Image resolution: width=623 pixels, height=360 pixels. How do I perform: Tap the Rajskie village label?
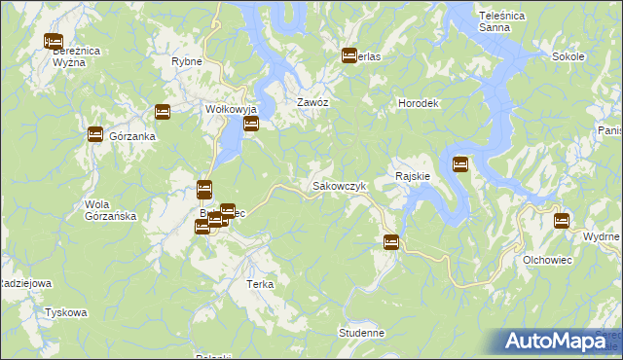pyautogui.click(x=413, y=176)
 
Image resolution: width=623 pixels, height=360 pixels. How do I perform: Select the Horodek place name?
pyautogui.click(x=421, y=103)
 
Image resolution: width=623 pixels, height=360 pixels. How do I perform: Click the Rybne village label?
pyautogui.click(x=186, y=61)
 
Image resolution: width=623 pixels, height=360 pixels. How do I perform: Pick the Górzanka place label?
pyautogui.click(x=132, y=137)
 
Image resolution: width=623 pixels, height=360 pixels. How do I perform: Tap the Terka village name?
pyautogui.click(x=260, y=285)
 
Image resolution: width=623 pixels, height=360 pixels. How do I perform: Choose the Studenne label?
pyautogui.click(x=362, y=333)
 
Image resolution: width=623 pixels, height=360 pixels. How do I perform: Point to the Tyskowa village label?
pyautogui.click(x=66, y=313)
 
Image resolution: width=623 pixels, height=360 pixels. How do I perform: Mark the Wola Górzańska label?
pyautogui.click(x=110, y=210)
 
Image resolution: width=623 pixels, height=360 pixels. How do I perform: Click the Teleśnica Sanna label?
pyautogui.click(x=502, y=22)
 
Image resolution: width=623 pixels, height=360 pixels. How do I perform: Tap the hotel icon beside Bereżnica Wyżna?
pyautogui.click(x=53, y=42)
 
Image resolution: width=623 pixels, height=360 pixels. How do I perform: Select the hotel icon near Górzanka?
pyautogui.click(x=95, y=134)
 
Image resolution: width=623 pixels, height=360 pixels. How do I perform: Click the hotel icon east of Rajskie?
pyautogui.click(x=460, y=163)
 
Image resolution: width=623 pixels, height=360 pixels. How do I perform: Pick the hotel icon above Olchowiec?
pyautogui.click(x=562, y=221)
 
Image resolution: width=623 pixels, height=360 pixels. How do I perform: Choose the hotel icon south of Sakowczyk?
pyautogui.click(x=390, y=241)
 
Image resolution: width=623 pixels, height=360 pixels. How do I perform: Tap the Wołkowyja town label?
pyautogui.click(x=228, y=109)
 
